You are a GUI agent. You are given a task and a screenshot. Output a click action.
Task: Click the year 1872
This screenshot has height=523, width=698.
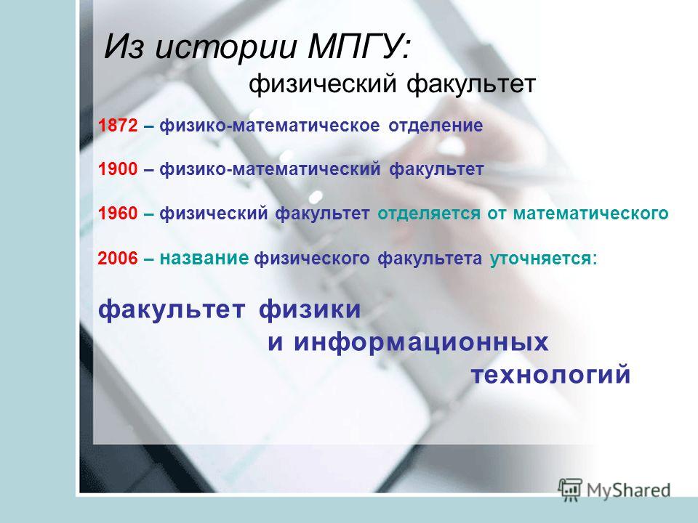118,126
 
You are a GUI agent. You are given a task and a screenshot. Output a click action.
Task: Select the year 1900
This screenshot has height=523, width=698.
118,169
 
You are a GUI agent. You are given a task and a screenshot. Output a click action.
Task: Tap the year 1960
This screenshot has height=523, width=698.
118,214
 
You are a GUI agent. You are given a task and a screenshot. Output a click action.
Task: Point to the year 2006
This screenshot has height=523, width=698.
118,258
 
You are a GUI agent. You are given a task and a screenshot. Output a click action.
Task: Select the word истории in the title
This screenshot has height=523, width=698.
225,47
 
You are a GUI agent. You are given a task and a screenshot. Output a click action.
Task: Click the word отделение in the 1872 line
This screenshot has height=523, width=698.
436,126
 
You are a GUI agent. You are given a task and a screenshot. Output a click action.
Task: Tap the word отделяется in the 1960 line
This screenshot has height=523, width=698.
429,214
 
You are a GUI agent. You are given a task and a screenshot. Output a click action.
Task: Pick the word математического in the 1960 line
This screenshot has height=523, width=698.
590,214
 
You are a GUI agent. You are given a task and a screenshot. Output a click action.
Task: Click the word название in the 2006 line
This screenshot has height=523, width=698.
204,258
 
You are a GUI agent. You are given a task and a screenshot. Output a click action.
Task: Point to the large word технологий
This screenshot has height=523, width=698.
550,374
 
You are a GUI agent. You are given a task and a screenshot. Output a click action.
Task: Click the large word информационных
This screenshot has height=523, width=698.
421,342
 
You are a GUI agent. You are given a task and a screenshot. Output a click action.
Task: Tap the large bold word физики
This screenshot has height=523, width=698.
310,309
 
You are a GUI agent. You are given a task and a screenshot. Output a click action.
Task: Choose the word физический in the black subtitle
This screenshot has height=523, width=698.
323,84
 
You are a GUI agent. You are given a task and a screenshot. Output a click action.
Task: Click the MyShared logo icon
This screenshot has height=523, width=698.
570,490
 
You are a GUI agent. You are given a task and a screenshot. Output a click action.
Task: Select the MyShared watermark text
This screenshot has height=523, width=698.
628,490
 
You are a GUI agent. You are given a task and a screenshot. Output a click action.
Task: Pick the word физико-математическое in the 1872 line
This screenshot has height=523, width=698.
270,126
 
